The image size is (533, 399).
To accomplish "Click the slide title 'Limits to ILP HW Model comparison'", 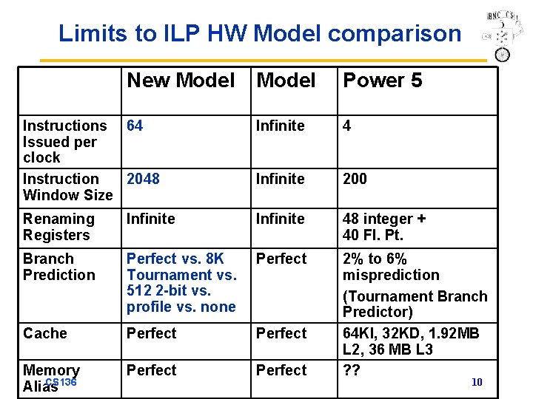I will [259, 33].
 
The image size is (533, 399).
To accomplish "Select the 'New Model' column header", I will [181, 81].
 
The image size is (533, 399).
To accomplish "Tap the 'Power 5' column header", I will [382, 81].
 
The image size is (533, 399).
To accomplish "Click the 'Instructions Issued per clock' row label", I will [64, 141].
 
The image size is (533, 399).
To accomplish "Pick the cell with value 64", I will [135, 126].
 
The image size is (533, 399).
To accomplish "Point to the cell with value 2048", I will [143, 179].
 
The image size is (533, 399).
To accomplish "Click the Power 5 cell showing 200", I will [355, 179].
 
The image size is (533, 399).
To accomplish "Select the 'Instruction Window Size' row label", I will [67, 187].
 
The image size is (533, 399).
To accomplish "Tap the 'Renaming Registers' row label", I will [58, 227].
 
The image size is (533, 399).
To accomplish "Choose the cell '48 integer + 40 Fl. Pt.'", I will [383, 227].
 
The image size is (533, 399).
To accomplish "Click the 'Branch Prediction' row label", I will [59, 267].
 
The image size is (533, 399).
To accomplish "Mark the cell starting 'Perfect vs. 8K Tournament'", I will [181, 282].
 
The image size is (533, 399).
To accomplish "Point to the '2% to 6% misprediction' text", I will [391, 267].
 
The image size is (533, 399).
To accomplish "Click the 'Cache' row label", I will [45, 333].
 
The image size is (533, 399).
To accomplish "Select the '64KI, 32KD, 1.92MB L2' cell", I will [411, 341].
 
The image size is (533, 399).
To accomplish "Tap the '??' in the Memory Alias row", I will [352, 369].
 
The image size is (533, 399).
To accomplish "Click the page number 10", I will [477, 382].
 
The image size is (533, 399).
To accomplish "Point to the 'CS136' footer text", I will [61, 382].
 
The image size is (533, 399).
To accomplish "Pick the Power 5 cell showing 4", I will [346, 126].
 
